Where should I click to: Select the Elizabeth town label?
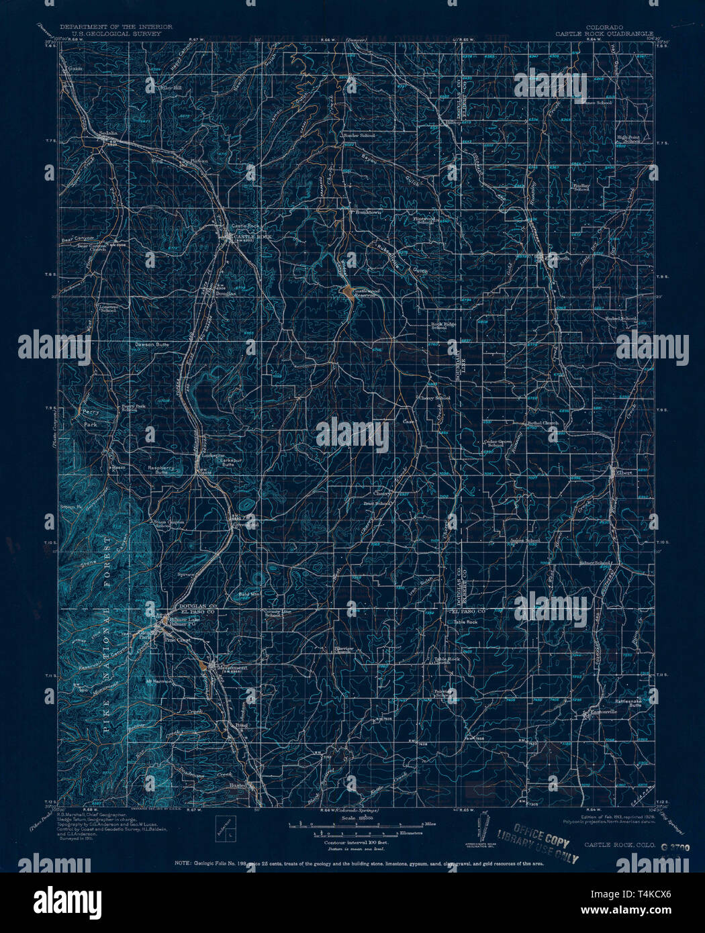pos(555,257)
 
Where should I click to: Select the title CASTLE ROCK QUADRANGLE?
pos(604,32)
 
